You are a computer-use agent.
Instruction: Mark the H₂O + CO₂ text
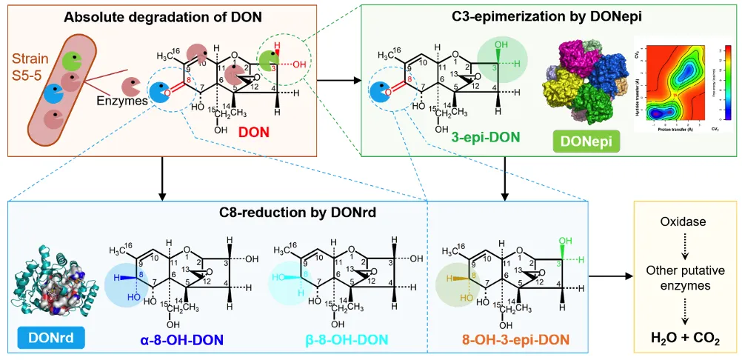(x=686, y=339)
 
